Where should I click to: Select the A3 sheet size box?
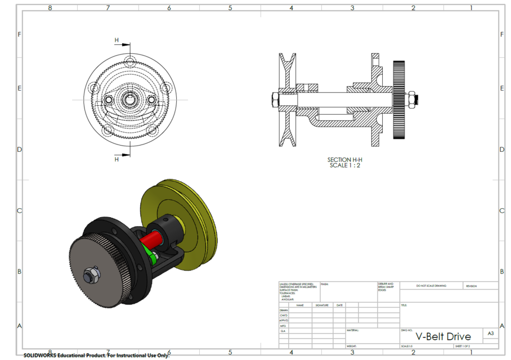tap(491, 334)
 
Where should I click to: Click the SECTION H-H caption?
tap(345, 160)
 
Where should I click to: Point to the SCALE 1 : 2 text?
tap(345, 165)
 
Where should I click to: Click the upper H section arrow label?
tap(117, 40)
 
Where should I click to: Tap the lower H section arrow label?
tap(117, 159)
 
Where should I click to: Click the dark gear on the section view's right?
tap(399, 100)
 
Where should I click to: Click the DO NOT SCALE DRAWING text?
tap(431, 286)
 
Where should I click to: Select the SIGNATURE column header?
tap(321, 305)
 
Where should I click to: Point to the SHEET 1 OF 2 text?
tap(463, 346)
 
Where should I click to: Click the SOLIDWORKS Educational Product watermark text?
tap(96, 355)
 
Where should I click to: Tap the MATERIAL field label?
tap(353, 331)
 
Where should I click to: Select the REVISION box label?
tap(471, 286)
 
